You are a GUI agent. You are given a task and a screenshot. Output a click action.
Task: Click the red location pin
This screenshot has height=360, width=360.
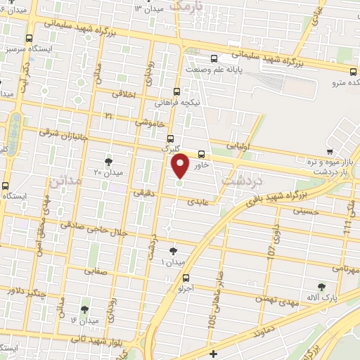pos(181,166)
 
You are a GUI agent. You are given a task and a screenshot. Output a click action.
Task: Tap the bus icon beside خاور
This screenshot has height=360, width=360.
pos(202,154)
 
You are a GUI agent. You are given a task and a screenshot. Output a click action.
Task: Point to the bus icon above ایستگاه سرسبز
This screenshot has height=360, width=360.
pos(28,39)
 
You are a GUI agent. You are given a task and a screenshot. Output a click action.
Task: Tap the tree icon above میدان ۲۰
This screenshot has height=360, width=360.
pos(108,161)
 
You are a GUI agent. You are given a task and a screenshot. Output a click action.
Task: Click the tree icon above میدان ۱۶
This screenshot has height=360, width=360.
pos(84,309)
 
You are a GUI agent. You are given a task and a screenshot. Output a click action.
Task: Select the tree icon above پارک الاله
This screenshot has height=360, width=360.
pos(322,286)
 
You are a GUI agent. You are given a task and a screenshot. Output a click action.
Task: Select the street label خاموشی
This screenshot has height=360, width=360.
pos(151,122)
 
